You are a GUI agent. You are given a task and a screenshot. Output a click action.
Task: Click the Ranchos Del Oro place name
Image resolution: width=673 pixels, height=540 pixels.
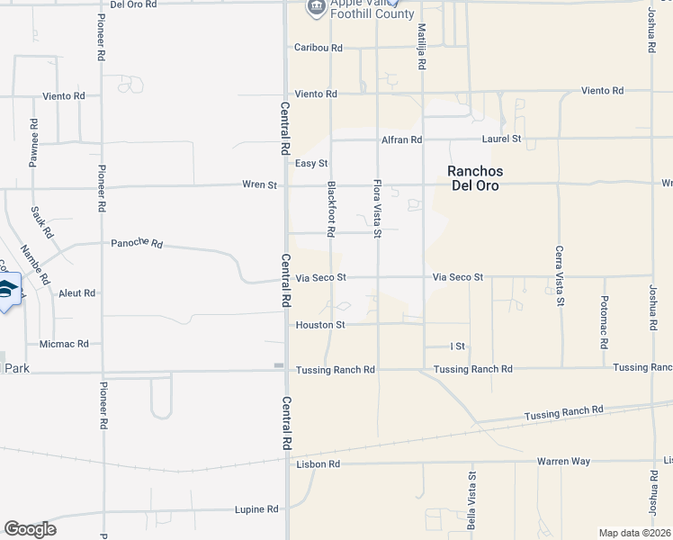473,178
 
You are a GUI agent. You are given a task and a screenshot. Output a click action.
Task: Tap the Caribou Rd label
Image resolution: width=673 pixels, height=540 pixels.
319,48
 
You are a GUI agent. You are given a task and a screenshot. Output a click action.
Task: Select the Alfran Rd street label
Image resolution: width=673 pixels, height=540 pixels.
401,139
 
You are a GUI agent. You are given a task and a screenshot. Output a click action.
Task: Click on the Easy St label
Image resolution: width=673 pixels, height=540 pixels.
311,163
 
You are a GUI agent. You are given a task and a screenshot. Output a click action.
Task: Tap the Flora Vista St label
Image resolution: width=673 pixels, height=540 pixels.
378,209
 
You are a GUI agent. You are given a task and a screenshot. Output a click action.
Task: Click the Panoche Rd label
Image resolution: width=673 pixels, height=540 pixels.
137,243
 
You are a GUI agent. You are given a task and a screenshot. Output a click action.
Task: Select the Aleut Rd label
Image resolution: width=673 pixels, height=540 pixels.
76,293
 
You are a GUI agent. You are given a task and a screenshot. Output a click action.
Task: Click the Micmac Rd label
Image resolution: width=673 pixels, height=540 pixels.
64,344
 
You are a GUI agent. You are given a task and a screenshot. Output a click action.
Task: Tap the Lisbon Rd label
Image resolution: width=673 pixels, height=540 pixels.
318,464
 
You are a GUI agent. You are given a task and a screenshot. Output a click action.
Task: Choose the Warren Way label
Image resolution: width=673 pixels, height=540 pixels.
563,462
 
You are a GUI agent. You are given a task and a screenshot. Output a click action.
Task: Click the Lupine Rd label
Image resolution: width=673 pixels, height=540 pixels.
257,509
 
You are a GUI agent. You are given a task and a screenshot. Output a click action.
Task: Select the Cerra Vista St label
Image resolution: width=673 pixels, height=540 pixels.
559,275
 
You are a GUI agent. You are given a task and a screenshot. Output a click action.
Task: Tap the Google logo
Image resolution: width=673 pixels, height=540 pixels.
30,529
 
